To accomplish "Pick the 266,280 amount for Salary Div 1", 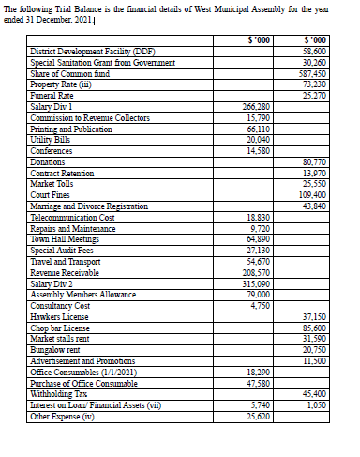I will click(257, 107).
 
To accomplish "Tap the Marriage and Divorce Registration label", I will click(89, 205).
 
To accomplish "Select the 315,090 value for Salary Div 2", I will click(256, 283).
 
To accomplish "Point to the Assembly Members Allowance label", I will click(85, 294).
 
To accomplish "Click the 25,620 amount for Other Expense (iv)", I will click(258, 415).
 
